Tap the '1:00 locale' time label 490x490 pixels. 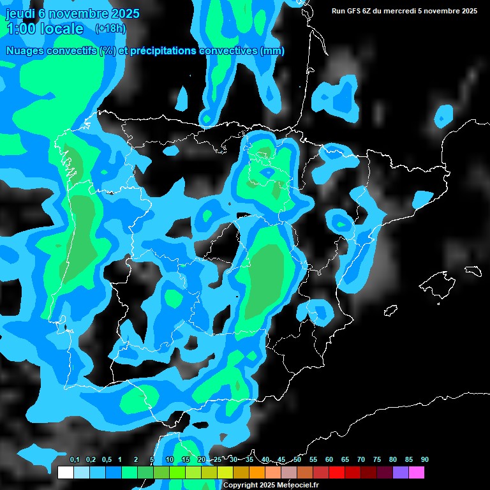[45, 29]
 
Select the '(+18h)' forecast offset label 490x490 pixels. [110, 29]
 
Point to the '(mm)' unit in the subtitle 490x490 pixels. [272, 51]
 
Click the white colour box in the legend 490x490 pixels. [65, 473]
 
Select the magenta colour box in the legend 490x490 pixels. [417, 473]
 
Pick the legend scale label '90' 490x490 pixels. [425, 460]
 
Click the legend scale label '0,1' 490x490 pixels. [75, 460]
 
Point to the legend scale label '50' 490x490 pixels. [297, 460]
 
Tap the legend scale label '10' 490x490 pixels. [170, 460]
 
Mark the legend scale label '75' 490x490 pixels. [377, 460]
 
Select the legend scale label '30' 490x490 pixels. [234, 460]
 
